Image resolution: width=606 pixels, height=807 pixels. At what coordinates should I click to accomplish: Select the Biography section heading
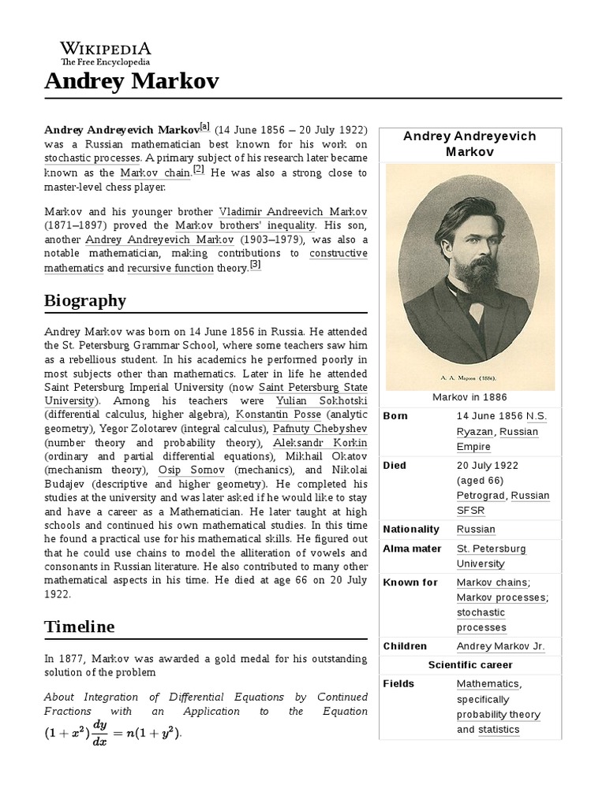coord(85,300)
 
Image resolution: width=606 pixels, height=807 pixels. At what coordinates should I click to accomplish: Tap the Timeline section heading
coord(80,627)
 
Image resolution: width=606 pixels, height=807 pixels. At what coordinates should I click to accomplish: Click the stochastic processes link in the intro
coord(91,158)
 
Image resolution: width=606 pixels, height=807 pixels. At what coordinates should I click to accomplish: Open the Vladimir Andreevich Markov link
coord(292,213)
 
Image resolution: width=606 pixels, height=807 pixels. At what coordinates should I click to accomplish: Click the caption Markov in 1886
coord(469,397)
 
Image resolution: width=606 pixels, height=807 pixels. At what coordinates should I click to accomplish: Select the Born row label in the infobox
coord(395,415)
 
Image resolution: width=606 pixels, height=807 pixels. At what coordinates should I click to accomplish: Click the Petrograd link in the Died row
coord(481,496)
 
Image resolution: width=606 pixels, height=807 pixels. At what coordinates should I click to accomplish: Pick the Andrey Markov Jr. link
coord(500,646)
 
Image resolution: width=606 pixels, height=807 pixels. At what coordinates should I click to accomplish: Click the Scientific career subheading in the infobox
coord(469,664)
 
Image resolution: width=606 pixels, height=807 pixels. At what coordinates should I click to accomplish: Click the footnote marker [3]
coord(255,265)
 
